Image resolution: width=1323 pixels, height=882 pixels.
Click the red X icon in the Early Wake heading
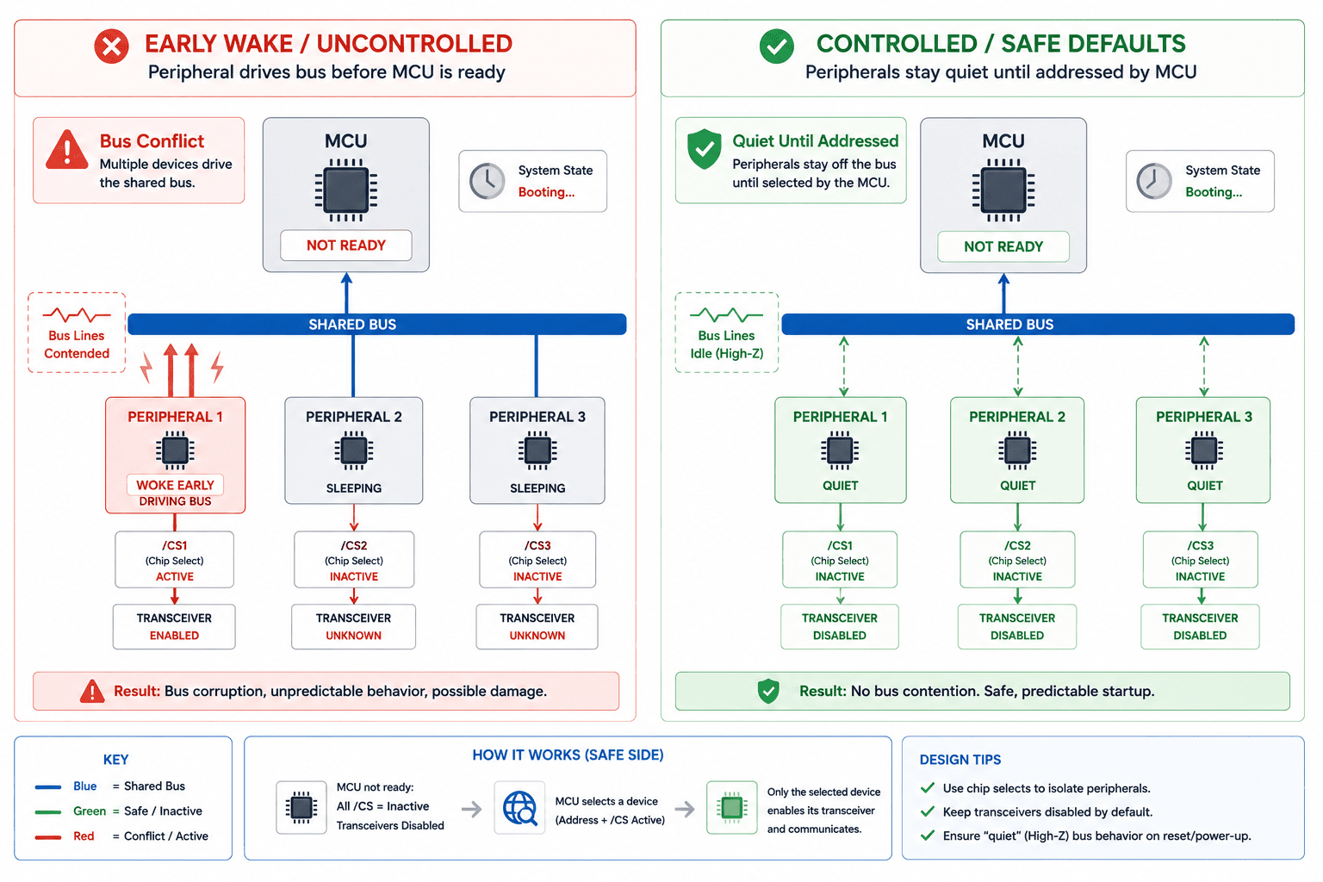(112, 46)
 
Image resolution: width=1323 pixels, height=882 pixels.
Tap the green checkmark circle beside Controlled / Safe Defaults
(777, 46)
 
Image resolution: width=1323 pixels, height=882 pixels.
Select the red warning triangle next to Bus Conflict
(67, 150)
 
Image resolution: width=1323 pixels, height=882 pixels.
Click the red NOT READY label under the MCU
(346, 245)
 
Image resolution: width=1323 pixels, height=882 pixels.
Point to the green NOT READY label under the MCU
(1003, 246)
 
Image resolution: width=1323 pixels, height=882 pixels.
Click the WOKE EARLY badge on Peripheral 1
(175, 485)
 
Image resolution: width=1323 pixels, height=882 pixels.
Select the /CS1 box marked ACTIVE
(174, 560)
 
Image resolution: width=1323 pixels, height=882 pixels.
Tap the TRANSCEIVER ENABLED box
(174, 627)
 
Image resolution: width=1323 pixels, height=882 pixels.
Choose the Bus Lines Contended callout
(77, 332)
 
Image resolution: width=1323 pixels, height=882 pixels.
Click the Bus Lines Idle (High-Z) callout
(727, 332)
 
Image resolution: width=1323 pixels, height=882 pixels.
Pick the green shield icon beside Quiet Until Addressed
(704, 149)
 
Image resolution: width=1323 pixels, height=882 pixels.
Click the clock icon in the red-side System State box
(487, 181)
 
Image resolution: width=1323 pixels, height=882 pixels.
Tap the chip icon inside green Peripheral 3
(1203, 450)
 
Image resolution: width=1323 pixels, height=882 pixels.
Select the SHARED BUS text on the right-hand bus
(1010, 325)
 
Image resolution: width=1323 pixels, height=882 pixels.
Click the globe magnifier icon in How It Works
(519, 808)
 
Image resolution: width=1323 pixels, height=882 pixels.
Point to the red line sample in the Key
(48, 836)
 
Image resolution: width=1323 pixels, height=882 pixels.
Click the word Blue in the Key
(85, 786)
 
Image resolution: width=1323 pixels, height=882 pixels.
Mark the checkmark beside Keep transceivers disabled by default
(928, 811)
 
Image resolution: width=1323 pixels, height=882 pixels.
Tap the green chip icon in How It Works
(732, 807)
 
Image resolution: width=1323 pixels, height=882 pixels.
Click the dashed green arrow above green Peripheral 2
(1017, 366)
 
